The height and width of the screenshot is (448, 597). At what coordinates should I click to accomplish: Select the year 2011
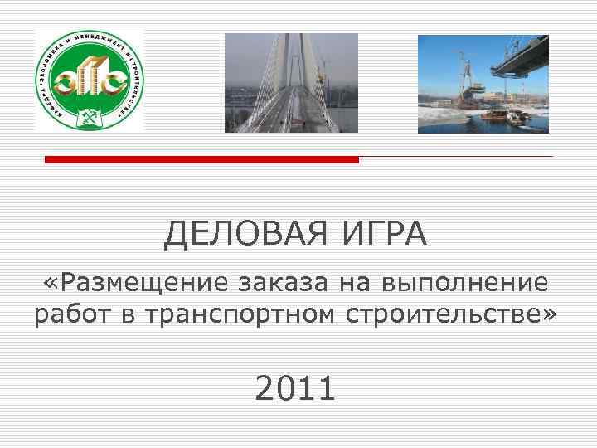(x=295, y=388)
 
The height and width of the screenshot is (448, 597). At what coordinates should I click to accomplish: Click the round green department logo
(x=89, y=80)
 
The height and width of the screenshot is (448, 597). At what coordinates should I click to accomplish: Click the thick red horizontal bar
(x=201, y=159)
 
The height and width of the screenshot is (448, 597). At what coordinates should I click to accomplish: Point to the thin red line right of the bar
(x=455, y=156)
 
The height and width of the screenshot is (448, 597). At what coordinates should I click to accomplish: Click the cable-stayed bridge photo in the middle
(x=291, y=83)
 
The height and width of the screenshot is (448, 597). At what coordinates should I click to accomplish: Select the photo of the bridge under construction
(x=483, y=83)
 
